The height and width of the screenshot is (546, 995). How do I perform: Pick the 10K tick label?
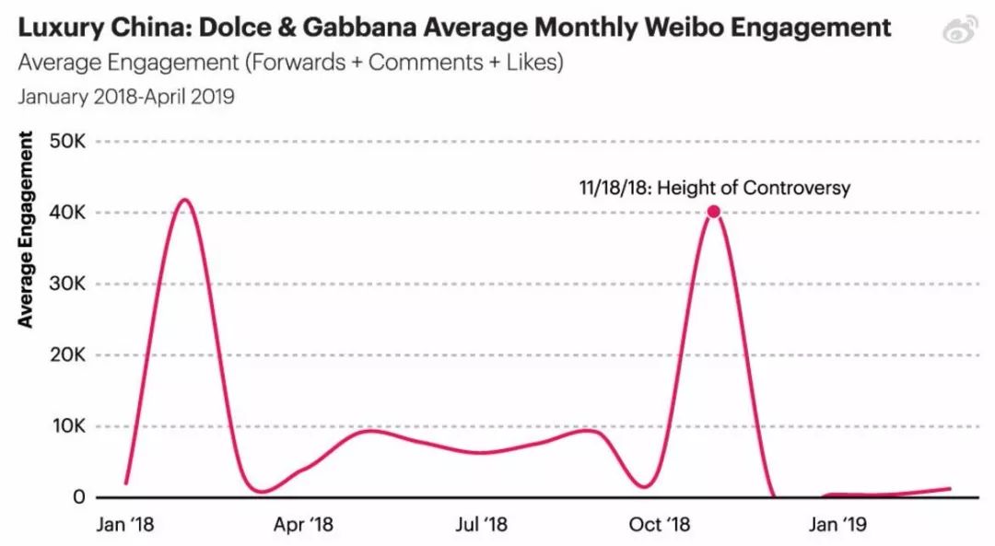coord(67,426)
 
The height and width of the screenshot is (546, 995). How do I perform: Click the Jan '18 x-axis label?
coord(125,526)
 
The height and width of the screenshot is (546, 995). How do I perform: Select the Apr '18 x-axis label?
coord(304,526)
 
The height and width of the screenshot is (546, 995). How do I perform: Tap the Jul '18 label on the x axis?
coord(481,526)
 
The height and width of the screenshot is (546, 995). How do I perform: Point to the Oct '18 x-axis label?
coord(659,526)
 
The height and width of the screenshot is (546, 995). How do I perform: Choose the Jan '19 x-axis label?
coord(837,526)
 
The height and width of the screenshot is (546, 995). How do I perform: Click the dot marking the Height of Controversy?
coord(713,212)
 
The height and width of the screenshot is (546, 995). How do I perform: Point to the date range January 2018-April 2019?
coord(125,97)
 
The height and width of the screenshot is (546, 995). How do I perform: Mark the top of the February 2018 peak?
coord(185,199)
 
